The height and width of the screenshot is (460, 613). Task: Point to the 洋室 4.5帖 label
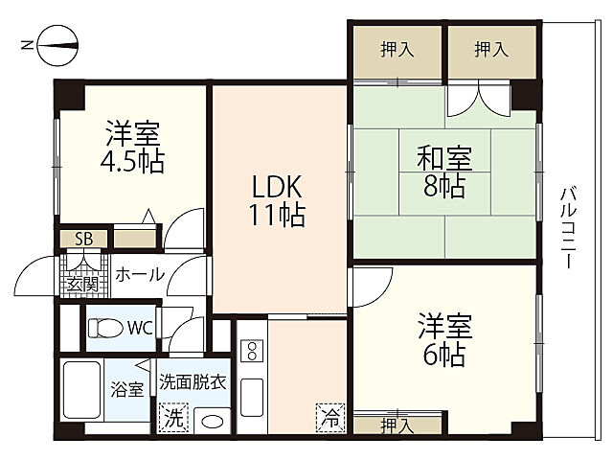pos(134,146)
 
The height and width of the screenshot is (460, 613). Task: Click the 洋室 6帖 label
pos(442,340)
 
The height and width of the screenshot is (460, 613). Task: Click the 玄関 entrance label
pos(81,284)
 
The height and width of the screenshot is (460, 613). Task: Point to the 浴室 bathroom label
pos(128,389)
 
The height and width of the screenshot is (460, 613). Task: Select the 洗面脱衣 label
pos(193,381)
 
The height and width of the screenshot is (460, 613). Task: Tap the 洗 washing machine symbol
pos(173,418)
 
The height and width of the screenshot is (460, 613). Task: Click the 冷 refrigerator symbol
pos(329,418)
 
